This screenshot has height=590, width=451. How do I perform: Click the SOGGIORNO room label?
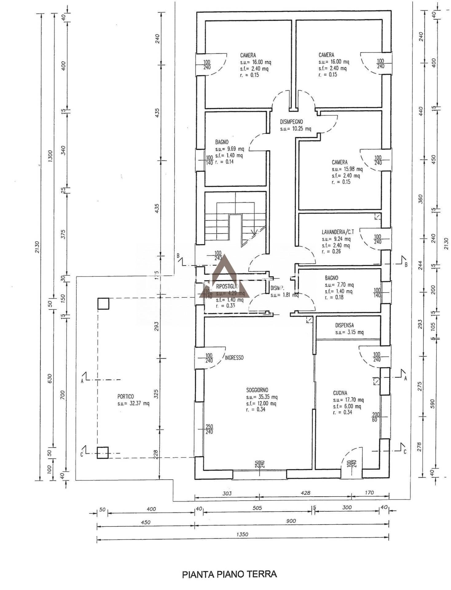257,390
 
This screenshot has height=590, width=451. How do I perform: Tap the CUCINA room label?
340,393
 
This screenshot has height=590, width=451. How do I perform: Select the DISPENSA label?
344,325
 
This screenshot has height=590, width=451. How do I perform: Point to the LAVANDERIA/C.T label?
338,232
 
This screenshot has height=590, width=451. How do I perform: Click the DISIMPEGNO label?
291,122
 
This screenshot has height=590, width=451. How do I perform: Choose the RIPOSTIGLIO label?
227,286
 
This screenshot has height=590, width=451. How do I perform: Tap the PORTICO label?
125,396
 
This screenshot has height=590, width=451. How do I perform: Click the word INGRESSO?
234,358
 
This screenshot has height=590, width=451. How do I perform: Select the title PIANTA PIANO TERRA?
229,574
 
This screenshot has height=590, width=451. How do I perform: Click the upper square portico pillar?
103,303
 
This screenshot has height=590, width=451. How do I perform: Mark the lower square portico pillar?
103,453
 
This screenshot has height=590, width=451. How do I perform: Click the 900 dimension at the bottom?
291,521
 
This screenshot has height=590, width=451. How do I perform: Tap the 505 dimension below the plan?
257,508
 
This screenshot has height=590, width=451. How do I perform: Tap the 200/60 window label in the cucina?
376,417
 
